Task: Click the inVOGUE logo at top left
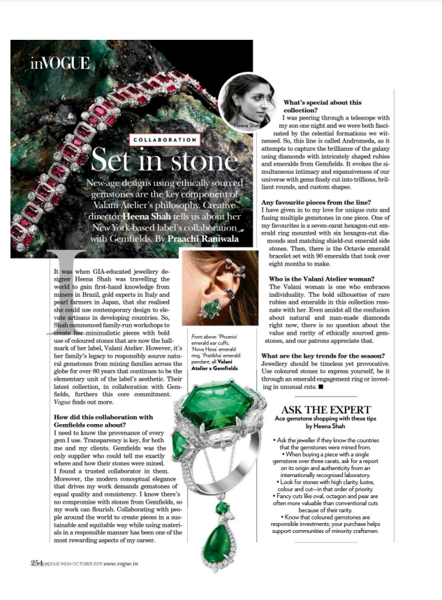coord(59,64)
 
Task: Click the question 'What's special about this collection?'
coord(322,106)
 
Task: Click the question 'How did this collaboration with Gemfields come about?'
coord(103,420)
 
